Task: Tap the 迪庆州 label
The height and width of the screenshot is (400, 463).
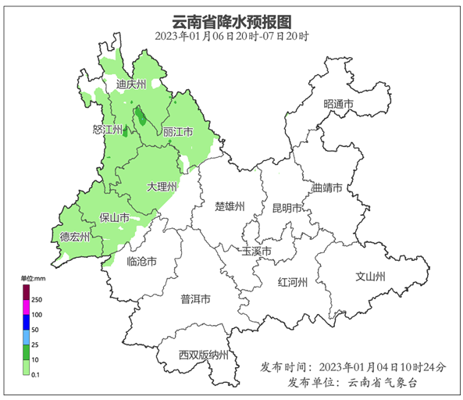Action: point(130,84)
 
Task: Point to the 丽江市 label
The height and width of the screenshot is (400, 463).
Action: point(178,133)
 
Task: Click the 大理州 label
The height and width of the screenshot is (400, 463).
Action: point(162,187)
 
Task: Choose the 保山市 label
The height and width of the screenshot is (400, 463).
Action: point(115,218)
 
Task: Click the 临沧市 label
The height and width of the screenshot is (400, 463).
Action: point(141,262)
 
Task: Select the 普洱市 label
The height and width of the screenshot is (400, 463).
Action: point(195,298)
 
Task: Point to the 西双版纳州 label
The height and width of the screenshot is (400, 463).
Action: point(203,355)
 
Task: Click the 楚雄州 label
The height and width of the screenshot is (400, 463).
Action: point(230,207)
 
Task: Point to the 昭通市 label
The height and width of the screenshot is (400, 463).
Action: point(338,104)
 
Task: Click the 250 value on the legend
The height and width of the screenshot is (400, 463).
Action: point(37,300)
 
